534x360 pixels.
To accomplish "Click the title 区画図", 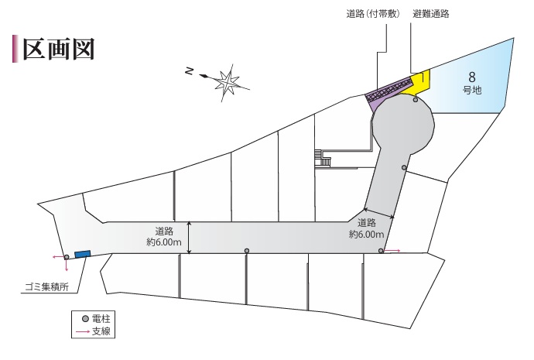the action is click(x=58, y=50).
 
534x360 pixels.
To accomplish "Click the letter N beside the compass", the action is click(x=190, y=71).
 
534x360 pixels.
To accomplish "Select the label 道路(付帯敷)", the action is click(x=373, y=14).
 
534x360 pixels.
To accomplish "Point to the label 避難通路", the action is click(x=431, y=14).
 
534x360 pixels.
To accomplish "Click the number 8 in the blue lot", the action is click(x=471, y=77).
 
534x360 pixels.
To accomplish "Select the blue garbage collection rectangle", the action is click(x=82, y=254).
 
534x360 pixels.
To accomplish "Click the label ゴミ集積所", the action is click(x=47, y=286).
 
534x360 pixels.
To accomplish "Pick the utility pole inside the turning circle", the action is click(x=416, y=100).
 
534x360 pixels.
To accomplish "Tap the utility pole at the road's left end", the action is click(x=67, y=257).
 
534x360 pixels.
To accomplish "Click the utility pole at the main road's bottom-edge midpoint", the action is click(x=247, y=251).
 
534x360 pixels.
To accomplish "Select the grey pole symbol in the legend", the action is click(x=85, y=319).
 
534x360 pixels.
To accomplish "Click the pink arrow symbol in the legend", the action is click(x=83, y=331).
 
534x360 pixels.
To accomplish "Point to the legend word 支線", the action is click(x=101, y=331).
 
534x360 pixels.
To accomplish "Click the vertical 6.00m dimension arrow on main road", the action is click(x=190, y=238).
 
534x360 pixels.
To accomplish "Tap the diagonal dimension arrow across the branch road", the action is click(x=378, y=213).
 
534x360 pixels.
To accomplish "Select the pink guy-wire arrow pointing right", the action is click(x=392, y=251).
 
